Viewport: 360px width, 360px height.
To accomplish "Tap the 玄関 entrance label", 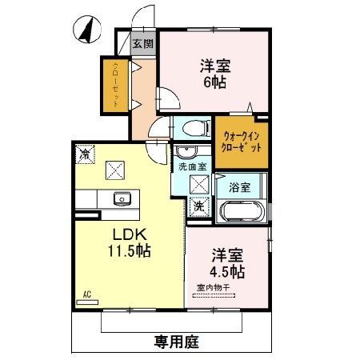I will click(x=142, y=44).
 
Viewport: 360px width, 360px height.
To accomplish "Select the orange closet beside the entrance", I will click(x=115, y=85).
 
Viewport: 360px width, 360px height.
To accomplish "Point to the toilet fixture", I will click(x=193, y=126).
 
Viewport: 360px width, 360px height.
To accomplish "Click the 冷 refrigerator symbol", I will click(x=84, y=153).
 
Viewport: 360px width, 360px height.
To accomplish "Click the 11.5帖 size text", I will click(x=126, y=250).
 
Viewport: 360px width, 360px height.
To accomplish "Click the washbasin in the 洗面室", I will click(x=185, y=151).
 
